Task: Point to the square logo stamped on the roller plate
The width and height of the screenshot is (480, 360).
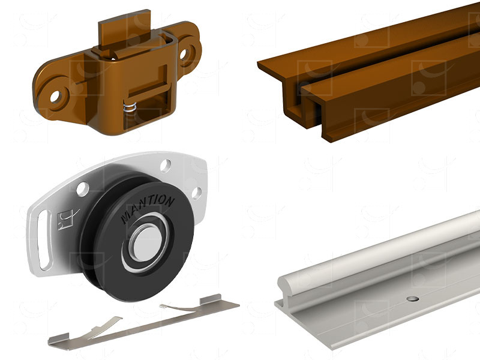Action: point(65,219)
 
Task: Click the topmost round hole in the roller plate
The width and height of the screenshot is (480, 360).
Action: point(166,166)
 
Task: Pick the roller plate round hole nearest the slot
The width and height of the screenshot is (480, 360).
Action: point(82,189)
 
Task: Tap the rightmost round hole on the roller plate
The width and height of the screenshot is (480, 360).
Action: point(197,193)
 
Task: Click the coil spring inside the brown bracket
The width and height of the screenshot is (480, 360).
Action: point(130,108)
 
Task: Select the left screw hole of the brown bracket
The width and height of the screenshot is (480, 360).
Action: point(56,97)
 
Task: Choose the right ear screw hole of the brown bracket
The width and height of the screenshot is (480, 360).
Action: point(183,54)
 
